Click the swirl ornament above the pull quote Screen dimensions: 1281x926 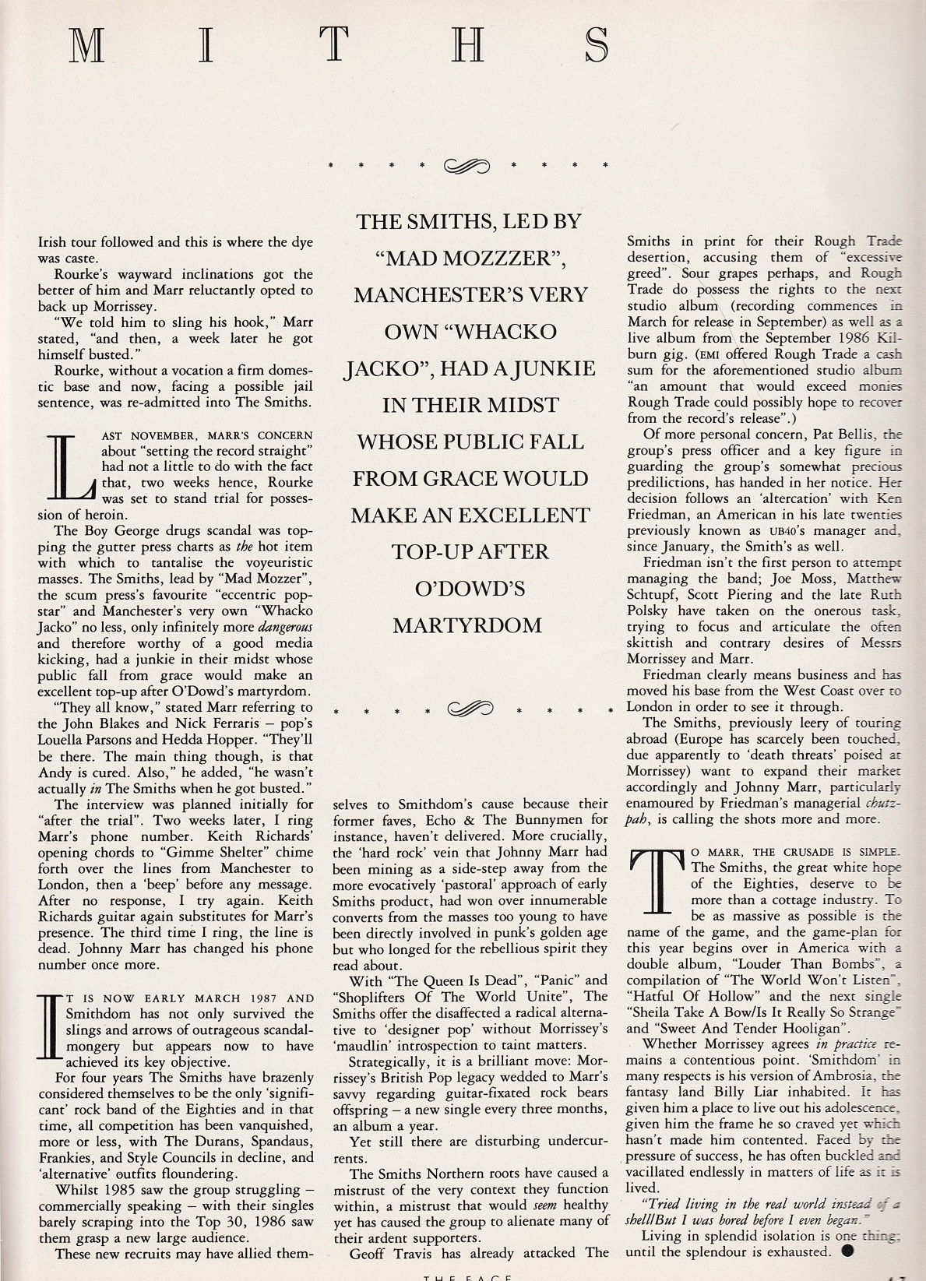point(467,165)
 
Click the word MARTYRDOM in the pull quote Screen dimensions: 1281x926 point(467,625)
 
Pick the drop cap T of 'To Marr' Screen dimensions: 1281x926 point(656,880)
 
